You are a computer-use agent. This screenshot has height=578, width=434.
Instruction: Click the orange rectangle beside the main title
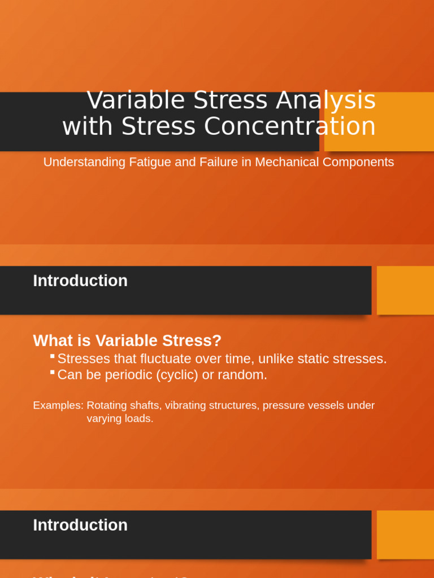pos(379,121)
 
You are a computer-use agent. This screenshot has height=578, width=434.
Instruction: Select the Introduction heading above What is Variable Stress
pos(80,281)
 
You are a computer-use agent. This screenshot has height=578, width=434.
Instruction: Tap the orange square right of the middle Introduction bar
pos(405,290)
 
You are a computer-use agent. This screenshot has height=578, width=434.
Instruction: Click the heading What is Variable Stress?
pos(127,341)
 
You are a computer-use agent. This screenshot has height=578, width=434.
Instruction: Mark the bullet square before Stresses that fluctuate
pos(52,356)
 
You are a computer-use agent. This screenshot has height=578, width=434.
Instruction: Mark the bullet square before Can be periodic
pos(52,372)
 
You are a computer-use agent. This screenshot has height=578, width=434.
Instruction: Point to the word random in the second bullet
pos(246,375)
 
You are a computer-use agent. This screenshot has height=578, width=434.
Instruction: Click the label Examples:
pos(58,405)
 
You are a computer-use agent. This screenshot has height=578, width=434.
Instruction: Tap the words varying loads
pos(120,419)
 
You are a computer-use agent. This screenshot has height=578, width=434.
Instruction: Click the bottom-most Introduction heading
pos(80,525)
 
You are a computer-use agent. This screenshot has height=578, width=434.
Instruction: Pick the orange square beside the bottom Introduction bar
pos(405,535)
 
